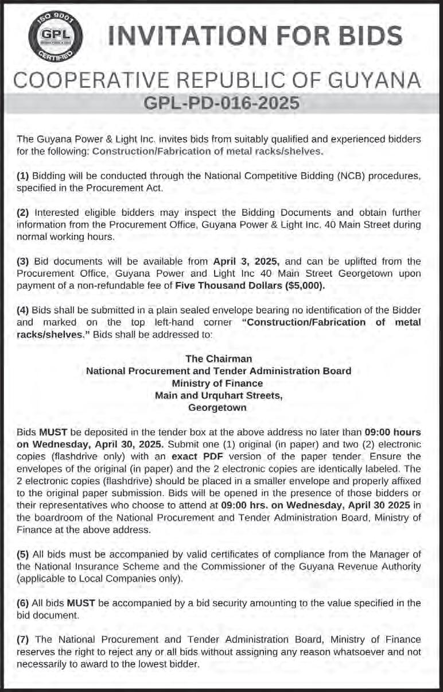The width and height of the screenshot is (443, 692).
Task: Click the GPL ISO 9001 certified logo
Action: click(56, 37)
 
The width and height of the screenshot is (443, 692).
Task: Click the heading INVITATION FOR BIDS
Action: click(255, 37)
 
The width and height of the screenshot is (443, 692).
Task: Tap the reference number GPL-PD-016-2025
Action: click(222, 103)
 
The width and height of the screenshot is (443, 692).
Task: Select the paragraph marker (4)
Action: click(23, 310)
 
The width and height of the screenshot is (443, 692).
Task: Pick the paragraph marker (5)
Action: click(23, 554)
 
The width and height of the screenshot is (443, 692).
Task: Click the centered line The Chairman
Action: click(219, 358)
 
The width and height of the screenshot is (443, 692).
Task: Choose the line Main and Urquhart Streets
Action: click(218, 395)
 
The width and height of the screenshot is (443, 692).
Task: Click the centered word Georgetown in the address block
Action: click(217, 408)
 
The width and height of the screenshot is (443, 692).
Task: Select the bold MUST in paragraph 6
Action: click(81, 603)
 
